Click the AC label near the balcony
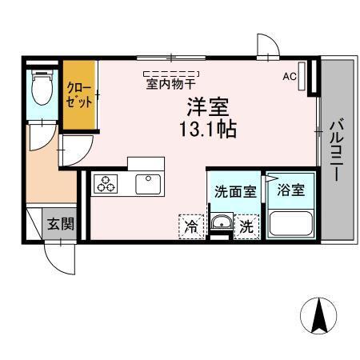pos(289,77)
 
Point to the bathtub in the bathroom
pos(290,222)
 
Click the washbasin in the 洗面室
pos(221,224)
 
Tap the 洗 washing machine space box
pos(247,226)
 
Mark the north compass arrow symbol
pos(318,315)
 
